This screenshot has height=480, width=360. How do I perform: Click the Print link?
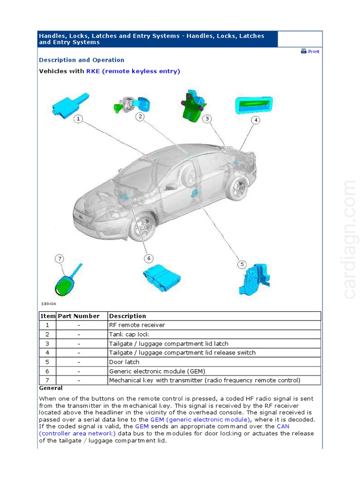coord(310,52)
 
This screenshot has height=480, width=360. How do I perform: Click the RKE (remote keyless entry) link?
coord(133,71)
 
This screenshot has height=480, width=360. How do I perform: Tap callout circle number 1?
coord(78,119)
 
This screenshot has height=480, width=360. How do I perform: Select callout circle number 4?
coord(255,120)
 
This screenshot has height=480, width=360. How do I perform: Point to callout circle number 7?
coord(59,259)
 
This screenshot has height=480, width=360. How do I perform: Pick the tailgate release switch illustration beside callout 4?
coord(253,105)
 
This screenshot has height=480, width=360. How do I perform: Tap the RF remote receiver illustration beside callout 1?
coord(70,105)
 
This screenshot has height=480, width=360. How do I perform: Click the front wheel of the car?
coord(142,227)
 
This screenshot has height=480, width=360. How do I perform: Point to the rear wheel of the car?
coord(237,188)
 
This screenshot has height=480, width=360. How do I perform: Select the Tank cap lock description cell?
coord(129,334)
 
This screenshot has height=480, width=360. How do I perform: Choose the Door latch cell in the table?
coord(124,362)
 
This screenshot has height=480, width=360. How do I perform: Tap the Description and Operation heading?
coord(82,60)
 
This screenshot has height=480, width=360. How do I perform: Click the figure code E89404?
coord(48,304)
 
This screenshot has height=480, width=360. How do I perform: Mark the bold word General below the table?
coord(51,388)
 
